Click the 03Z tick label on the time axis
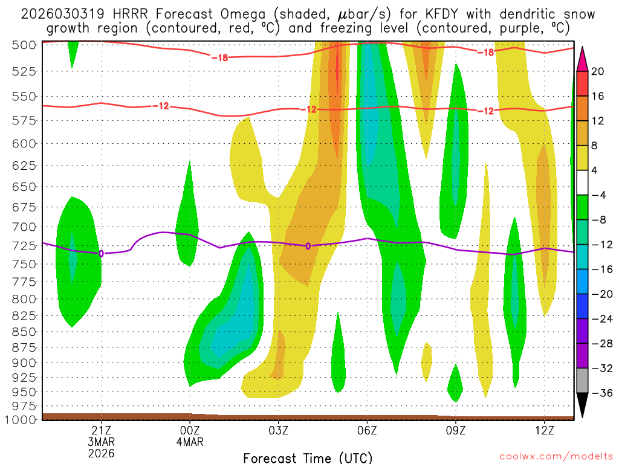click(x=278, y=431)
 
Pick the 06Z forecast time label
click(x=367, y=431)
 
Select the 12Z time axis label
click(x=544, y=431)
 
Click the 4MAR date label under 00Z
click(x=190, y=442)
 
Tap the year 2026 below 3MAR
click(x=101, y=453)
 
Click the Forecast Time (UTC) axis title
click(x=308, y=457)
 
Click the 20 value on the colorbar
click(x=598, y=71)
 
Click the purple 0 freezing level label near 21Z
click(x=101, y=253)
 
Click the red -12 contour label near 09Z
click(x=485, y=111)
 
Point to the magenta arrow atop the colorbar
click(x=583, y=59)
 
